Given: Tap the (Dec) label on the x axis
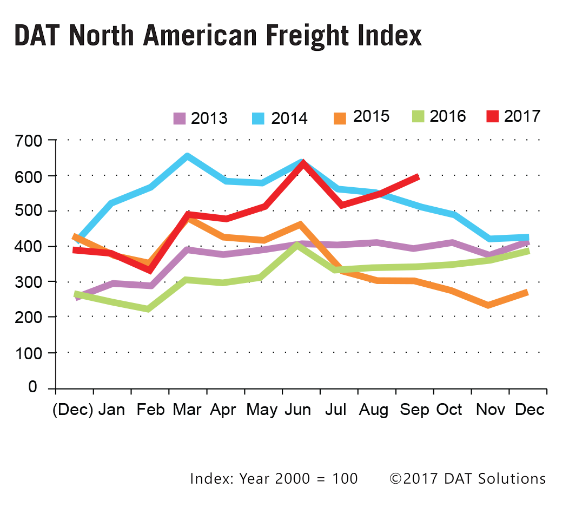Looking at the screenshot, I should pyautogui.click(x=73, y=410).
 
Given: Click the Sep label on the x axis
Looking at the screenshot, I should pyautogui.click(x=414, y=410).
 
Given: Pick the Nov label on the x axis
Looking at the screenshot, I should pyautogui.click(x=490, y=410).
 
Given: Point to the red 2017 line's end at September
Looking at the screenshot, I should pyautogui.click(x=417, y=176).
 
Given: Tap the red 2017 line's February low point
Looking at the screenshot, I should pyautogui.click(x=149, y=270).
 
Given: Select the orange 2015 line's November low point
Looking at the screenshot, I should pyautogui.click(x=489, y=305).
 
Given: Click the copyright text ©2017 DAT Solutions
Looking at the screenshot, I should pyautogui.click(x=467, y=479).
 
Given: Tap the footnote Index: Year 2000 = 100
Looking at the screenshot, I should pyautogui.click(x=274, y=479).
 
